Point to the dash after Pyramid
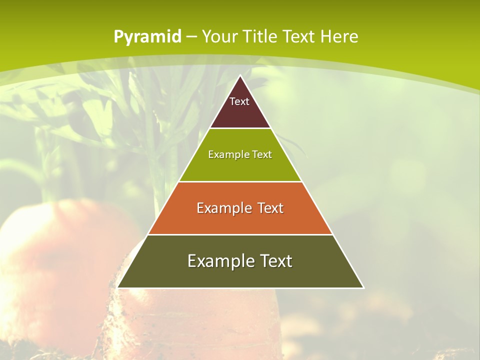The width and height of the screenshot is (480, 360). click(191, 37)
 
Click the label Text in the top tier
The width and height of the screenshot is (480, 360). click(239, 101)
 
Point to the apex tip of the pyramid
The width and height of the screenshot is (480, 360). click(240, 76)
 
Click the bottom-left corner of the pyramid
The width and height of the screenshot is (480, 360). click(118, 287)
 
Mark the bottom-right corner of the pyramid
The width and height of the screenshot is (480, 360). click(363, 287)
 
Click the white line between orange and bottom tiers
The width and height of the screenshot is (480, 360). click(240, 234)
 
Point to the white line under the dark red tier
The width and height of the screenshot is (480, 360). click(240, 128)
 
